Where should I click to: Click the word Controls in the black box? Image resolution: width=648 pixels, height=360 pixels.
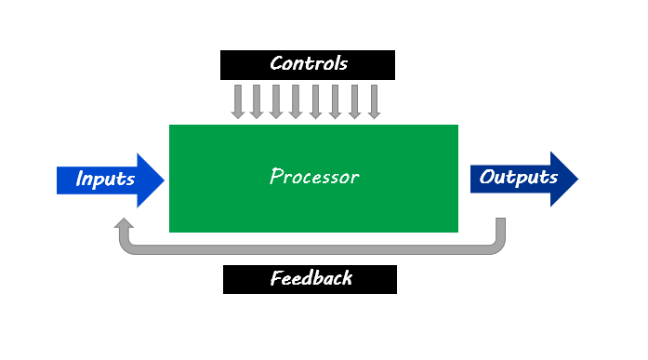308,64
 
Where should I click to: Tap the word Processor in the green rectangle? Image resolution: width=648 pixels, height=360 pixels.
313,177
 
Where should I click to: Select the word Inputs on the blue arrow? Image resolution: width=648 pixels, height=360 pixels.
105,180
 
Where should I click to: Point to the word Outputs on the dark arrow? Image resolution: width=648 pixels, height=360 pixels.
519,178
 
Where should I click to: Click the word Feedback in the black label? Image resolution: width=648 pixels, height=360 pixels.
311,279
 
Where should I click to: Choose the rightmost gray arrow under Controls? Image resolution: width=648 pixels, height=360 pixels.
375,101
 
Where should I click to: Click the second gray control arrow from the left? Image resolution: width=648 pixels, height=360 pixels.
257,101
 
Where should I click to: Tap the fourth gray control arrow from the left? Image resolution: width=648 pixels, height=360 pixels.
296,101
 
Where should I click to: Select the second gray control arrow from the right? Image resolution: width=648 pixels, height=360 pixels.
355,101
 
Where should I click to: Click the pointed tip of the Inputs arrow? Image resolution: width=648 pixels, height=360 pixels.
163,180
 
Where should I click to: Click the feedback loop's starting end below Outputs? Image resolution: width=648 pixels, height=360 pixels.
500,223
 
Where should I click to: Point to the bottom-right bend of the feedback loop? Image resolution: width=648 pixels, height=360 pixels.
496,247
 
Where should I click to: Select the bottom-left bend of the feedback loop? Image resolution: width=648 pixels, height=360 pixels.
127,247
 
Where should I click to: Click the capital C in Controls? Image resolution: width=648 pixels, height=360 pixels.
276,64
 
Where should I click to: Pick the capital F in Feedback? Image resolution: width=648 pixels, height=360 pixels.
276,279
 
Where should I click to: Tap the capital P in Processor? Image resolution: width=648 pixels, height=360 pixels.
276,177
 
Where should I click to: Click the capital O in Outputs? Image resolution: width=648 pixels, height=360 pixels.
486,178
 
